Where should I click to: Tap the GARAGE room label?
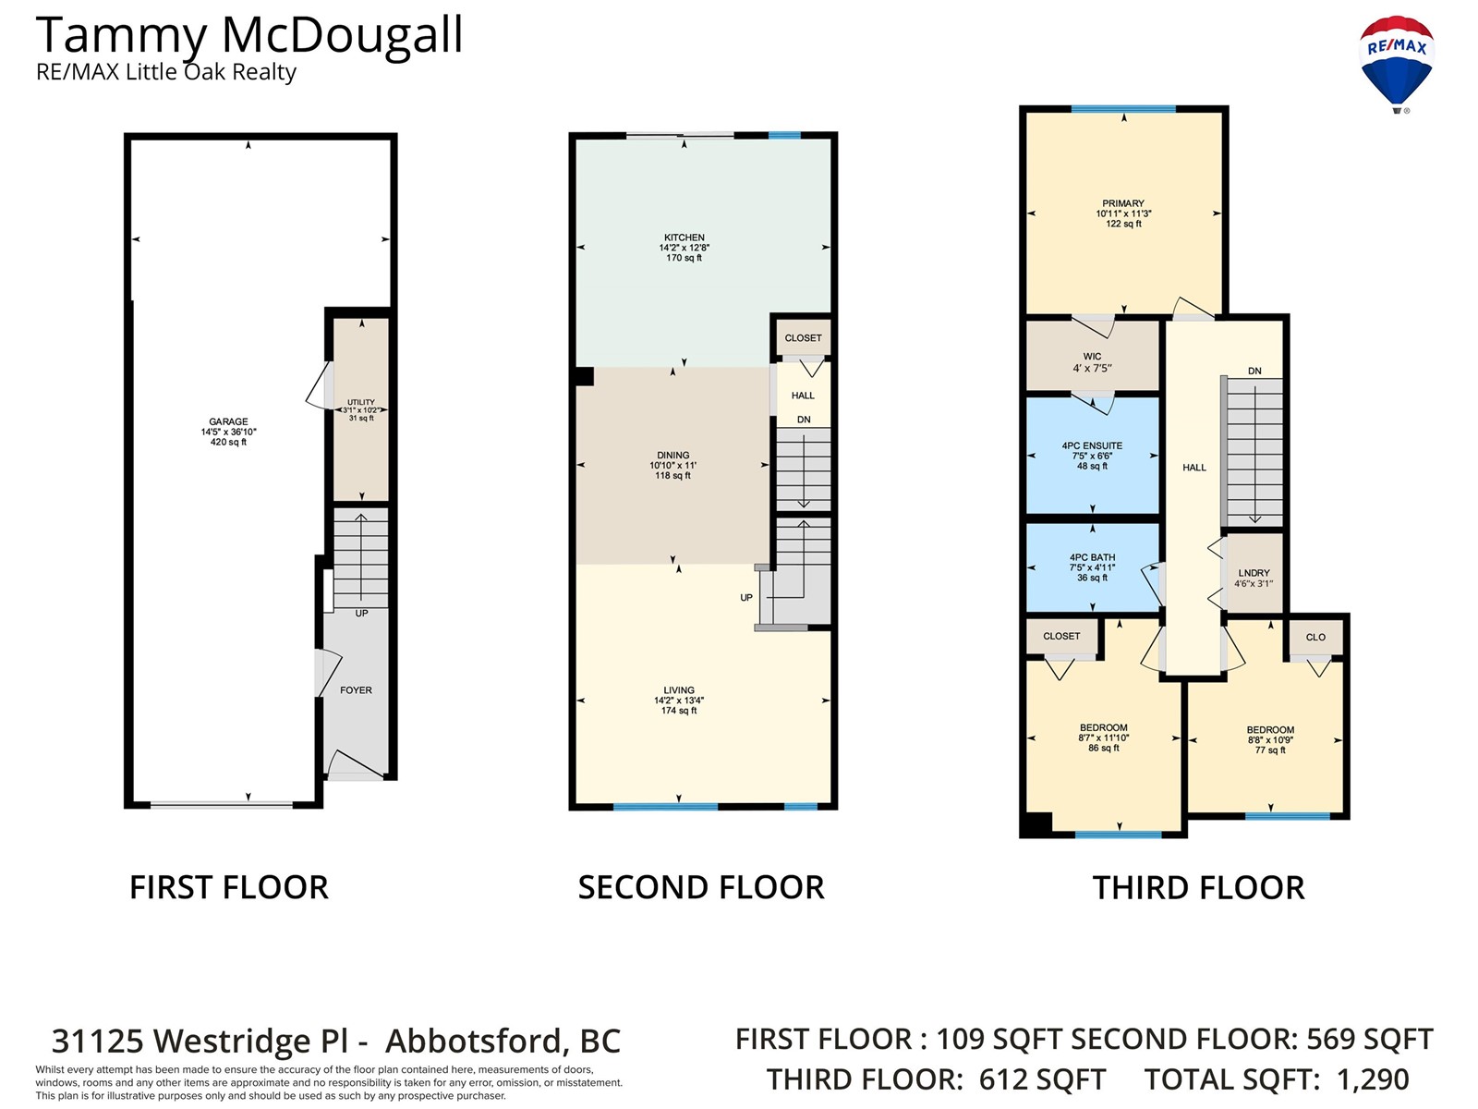(x=228, y=421)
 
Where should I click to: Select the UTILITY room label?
(x=361, y=402)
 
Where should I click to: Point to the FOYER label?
(x=356, y=690)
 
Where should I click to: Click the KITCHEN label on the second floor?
(x=684, y=237)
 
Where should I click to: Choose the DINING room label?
(x=672, y=456)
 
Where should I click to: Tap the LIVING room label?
(x=679, y=690)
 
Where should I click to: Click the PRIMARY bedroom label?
(x=1123, y=203)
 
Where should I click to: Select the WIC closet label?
(x=1092, y=356)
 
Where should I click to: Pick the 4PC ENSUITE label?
(x=1092, y=445)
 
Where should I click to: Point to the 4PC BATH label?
(x=1092, y=557)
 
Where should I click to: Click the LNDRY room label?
(x=1254, y=573)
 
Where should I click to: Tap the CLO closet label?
(x=1315, y=637)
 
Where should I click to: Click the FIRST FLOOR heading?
(x=229, y=887)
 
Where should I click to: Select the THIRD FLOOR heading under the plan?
(x=1198, y=887)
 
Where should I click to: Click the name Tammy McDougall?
(x=249, y=35)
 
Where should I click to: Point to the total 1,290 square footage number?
(x=1373, y=1079)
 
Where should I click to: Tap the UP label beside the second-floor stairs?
(x=746, y=597)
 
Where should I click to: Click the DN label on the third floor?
(x=1254, y=371)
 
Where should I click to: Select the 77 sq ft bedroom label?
(x=1270, y=750)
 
